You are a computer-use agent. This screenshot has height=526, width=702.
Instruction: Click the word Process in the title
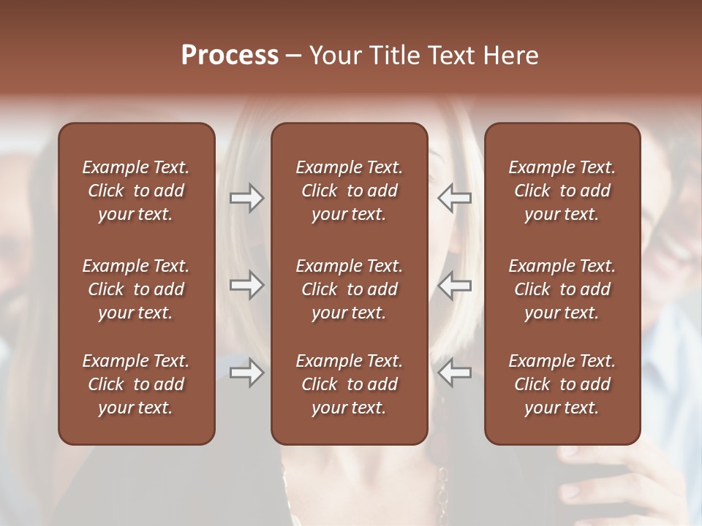[230, 56]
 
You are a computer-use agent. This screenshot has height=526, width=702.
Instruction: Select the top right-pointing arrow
[246, 197]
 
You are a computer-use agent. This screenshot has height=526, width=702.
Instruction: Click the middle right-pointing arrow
[246, 285]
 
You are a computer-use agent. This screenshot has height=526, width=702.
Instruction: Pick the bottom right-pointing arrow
[246, 373]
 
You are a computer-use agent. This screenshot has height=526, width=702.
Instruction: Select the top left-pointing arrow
[455, 197]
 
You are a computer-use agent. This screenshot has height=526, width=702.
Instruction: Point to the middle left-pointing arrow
[455, 285]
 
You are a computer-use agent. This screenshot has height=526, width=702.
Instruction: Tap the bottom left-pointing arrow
[455, 373]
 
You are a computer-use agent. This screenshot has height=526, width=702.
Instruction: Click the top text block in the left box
[136, 191]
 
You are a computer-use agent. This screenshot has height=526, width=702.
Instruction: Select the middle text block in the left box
[136, 289]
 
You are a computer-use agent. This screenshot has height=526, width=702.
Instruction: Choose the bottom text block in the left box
[136, 384]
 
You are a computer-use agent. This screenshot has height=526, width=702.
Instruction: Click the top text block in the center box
[349, 191]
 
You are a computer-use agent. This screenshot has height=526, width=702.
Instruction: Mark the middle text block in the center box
[349, 289]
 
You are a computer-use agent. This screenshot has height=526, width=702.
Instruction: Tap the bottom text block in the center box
[349, 384]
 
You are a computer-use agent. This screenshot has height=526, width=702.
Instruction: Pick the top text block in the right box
[562, 191]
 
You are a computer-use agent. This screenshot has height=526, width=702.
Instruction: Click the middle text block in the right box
[562, 289]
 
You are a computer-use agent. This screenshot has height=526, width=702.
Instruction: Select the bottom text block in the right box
[562, 384]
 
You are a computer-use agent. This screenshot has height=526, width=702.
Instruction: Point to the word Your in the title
[334, 56]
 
